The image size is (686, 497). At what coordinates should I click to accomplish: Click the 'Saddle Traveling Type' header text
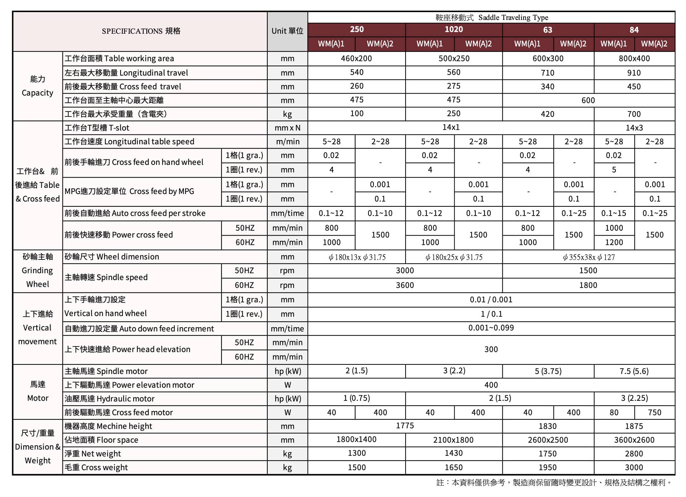point(513,18)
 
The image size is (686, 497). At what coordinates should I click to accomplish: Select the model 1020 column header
point(454,29)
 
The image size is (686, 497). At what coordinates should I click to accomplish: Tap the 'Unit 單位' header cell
point(287,31)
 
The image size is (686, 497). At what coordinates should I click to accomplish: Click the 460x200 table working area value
point(356,59)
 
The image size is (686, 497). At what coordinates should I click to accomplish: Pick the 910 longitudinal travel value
point(634,73)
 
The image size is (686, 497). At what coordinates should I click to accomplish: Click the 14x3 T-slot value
point(634,128)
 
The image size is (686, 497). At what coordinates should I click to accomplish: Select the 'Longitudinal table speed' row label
point(130,141)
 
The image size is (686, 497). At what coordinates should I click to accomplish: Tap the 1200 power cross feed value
point(614,242)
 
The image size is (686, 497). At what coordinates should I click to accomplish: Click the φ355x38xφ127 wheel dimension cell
point(588,257)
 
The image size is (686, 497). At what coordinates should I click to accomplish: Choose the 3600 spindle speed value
point(405,285)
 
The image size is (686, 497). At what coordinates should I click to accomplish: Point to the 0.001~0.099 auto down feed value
point(491,328)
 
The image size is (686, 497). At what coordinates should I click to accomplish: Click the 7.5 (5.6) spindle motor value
point(634,371)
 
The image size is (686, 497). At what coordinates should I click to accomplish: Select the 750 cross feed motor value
point(655,412)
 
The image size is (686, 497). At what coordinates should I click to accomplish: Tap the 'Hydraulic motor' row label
point(109,399)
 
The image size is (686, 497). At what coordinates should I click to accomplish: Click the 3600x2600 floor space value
point(634,440)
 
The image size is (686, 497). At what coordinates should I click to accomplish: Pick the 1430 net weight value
point(454,453)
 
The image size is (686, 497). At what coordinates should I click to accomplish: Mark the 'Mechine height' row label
point(108,426)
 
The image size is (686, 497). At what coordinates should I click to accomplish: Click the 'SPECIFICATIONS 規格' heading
point(141,31)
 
